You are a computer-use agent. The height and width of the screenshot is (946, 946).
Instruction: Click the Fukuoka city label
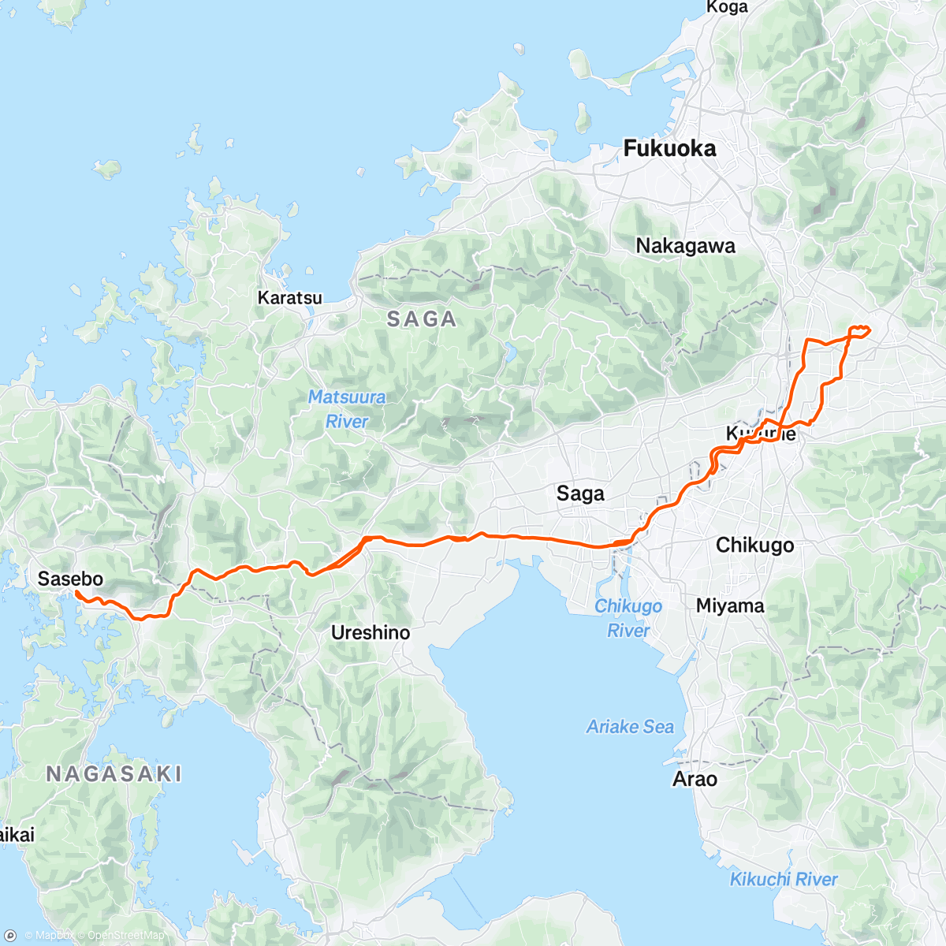669,148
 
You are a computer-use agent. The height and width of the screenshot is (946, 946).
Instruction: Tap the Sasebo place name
70,579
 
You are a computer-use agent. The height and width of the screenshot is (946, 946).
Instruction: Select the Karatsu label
290,298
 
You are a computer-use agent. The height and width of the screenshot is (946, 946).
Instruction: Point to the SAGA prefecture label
422,319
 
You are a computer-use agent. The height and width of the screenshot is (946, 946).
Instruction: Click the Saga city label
580,493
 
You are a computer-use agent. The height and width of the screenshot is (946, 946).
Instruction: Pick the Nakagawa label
685,246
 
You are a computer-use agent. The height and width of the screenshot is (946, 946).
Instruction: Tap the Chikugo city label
754,545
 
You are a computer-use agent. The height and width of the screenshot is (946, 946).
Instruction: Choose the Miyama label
730,605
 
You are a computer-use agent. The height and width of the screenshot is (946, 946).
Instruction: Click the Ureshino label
371,632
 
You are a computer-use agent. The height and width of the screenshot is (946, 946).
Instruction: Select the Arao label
695,779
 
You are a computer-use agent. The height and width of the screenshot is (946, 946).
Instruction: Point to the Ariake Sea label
630,727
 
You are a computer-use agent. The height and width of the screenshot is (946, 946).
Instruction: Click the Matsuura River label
347,409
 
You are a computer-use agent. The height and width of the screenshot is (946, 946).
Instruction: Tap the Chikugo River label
628,618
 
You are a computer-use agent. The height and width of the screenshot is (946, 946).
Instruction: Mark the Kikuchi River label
784,879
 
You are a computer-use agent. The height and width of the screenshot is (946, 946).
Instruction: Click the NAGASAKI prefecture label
114,774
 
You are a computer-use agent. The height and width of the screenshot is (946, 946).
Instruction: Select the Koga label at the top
727,7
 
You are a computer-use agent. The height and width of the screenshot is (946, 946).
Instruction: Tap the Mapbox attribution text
54,936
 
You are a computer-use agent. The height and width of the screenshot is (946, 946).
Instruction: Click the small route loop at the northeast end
859,330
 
